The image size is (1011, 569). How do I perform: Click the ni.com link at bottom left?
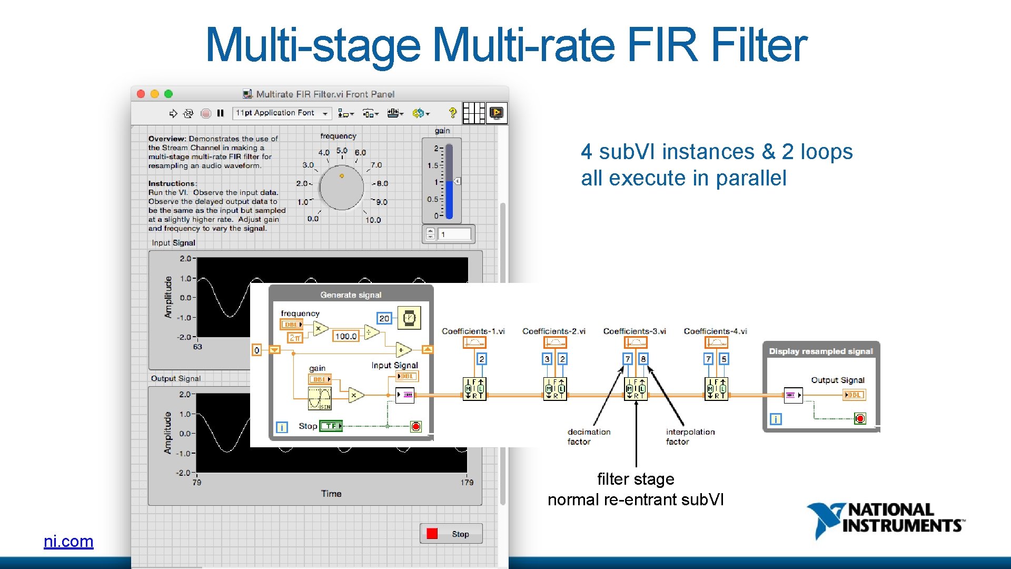coord(68,541)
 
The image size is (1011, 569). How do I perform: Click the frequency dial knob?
coord(341,187)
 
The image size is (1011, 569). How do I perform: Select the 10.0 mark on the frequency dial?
coord(373,220)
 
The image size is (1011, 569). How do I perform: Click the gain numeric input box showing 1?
coord(454,234)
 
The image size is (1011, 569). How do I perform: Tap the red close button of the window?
coord(141,94)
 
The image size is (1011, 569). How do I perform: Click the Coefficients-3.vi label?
coord(635,331)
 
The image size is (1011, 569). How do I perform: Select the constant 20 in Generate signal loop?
coord(384,318)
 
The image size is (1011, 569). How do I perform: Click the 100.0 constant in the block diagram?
coord(345,336)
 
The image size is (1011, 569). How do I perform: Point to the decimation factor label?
coord(588,437)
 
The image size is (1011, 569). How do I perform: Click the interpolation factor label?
coord(690,437)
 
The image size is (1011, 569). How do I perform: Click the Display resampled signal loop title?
coord(820,351)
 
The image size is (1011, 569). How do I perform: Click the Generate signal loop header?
coord(351,295)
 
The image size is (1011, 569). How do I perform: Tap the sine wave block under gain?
coord(320,398)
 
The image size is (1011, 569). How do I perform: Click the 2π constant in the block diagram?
coord(294,338)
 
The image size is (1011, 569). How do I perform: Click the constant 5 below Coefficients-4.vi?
coord(723,359)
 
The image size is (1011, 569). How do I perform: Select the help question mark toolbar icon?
coord(452,113)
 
